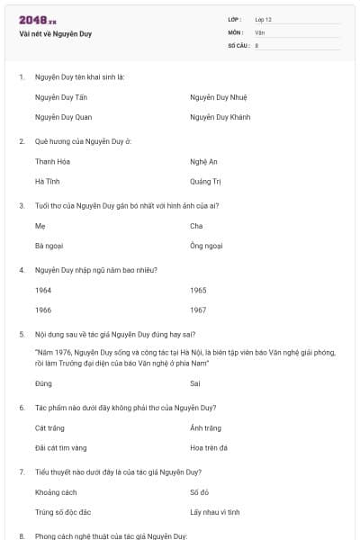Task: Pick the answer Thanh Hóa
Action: (x=52, y=161)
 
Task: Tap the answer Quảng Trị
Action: (x=205, y=181)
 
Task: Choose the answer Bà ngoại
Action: (x=49, y=245)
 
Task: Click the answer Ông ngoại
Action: (x=205, y=245)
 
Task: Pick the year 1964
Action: (x=43, y=290)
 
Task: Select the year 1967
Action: (x=198, y=310)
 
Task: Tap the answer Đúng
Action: (x=43, y=383)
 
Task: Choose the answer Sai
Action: (x=195, y=383)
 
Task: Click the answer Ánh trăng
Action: (x=205, y=427)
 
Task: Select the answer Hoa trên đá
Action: (x=208, y=447)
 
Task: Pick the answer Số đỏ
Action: (x=199, y=492)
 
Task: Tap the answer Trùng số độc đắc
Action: (x=63, y=512)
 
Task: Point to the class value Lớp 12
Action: (x=263, y=19)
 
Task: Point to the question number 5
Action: (x=21, y=334)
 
